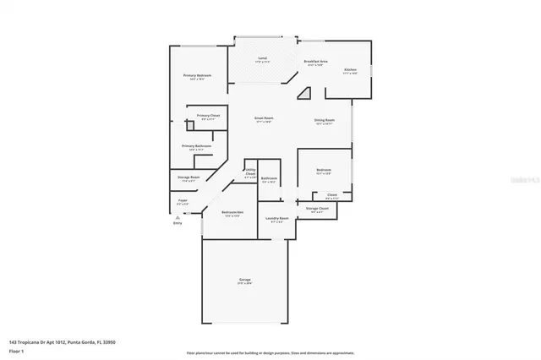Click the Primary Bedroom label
pos(197,76)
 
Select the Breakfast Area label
pos(315,62)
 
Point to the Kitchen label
pos(350,70)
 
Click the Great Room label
pos(263,120)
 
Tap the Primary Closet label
pos(207,117)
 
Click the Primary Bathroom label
pos(196,146)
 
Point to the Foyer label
pos(182,201)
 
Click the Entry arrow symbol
pos(177,216)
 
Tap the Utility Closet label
pos(250,173)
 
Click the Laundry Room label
pos(277,219)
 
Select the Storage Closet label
pos(317,209)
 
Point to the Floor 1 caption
pos(16,350)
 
